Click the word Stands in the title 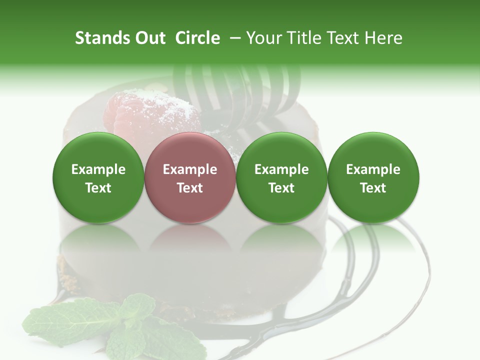(x=102, y=38)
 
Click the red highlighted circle (x=190, y=177)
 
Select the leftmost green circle (x=98, y=177)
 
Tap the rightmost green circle (x=373, y=177)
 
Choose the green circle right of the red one (x=281, y=177)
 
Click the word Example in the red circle (x=190, y=169)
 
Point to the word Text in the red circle (x=190, y=188)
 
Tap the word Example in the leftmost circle (x=98, y=169)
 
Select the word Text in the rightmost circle (x=373, y=188)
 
